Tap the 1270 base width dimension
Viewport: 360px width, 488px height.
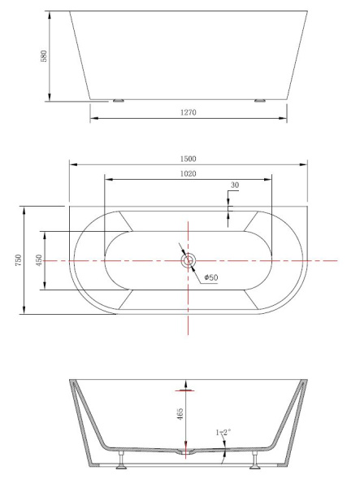click(189, 112)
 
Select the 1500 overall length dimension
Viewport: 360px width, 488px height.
click(189, 159)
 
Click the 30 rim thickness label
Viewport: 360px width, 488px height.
click(234, 186)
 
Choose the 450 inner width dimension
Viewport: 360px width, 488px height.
click(39, 260)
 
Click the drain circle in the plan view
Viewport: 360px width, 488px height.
click(189, 260)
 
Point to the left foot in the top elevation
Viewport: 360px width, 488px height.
click(119, 101)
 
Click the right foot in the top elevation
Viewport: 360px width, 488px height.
click(260, 101)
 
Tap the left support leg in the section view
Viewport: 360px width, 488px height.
click(120, 463)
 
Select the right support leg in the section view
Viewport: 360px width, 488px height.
click(258, 463)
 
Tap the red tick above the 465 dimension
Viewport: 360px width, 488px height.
click(188, 391)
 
